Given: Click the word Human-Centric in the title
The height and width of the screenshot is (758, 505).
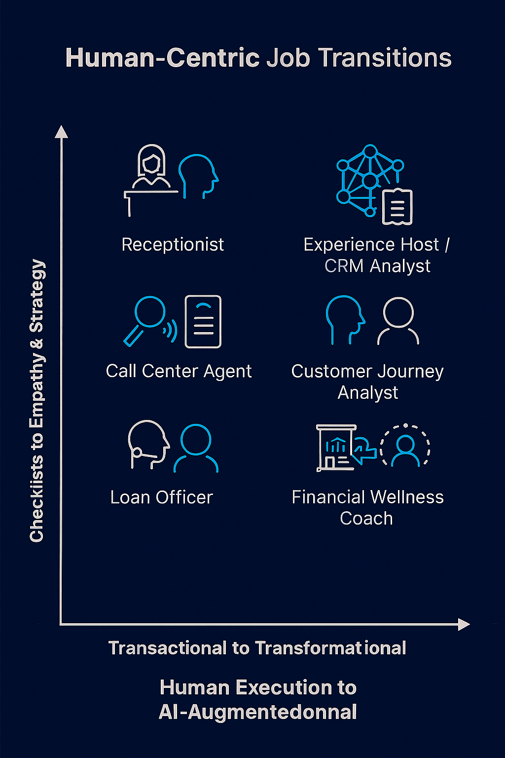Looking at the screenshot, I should [163, 58].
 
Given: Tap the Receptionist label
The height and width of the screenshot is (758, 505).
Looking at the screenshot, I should [173, 244].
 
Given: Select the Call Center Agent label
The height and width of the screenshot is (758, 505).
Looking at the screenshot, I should [179, 371].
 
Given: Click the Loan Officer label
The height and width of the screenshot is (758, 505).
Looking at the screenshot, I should [162, 497].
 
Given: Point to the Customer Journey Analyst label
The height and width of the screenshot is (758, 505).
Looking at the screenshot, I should [367, 381].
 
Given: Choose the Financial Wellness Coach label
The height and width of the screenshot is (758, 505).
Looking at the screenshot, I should [367, 507].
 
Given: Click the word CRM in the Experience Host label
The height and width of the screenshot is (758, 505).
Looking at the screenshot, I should [344, 266].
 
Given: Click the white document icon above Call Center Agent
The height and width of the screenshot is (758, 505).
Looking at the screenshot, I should [203, 321].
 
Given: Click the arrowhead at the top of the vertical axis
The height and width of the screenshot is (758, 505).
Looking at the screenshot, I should [61, 132].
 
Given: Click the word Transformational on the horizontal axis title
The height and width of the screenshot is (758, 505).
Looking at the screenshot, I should [330, 648].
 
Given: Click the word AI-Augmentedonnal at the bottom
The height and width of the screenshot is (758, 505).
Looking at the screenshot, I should [257, 712].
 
